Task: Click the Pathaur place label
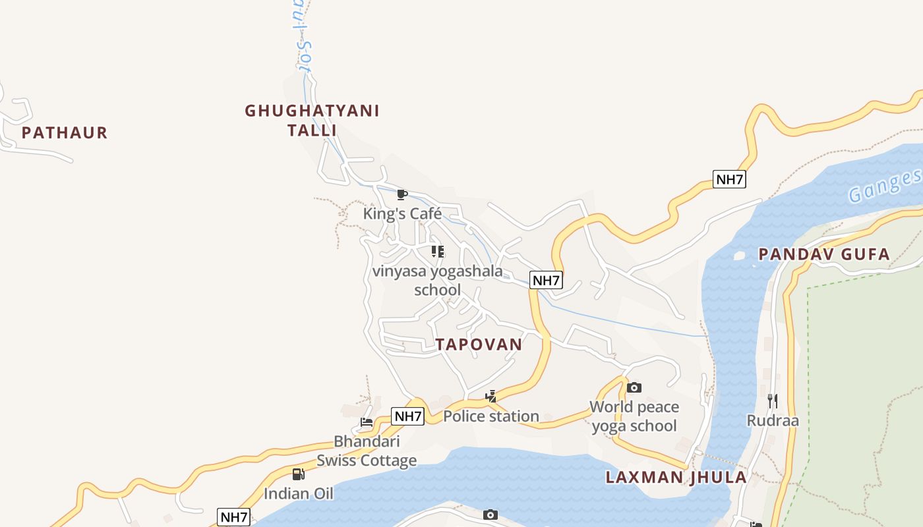click(x=64, y=132)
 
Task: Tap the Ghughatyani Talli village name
click(x=312, y=120)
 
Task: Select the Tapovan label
click(x=479, y=344)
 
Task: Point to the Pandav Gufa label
click(x=823, y=254)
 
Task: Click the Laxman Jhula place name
click(x=676, y=477)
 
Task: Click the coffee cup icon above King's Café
click(x=402, y=194)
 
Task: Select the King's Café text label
click(x=402, y=213)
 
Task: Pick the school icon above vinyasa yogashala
click(x=437, y=251)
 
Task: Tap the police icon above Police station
click(x=491, y=397)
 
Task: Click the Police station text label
click(x=491, y=416)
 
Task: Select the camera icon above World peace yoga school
click(x=634, y=387)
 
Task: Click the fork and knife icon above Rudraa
click(x=772, y=401)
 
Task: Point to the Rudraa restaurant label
click(x=772, y=420)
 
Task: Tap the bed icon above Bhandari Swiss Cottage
click(x=367, y=422)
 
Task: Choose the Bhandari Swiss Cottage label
click(x=367, y=451)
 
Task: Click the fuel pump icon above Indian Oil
click(x=299, y=474)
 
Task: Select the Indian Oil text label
click(x=299, y=493)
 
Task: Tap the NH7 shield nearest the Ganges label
click(x=729, y=179)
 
